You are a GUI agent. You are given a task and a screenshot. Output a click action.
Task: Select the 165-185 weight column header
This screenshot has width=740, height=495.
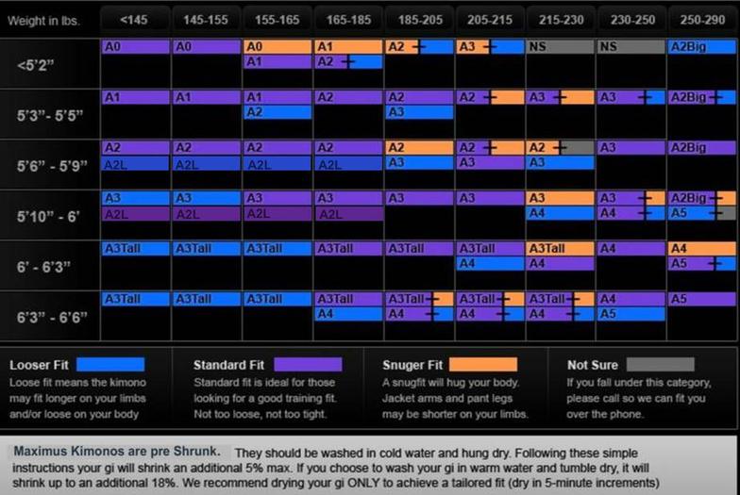click(x=348, y=20)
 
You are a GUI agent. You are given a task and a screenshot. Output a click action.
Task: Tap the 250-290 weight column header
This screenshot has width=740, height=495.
click(x=702, y=20)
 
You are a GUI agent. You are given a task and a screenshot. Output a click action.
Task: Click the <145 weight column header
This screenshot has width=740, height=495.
click(x=136, y=20)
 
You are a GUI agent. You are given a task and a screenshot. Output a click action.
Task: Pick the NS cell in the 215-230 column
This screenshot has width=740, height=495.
click(x=561, y=46)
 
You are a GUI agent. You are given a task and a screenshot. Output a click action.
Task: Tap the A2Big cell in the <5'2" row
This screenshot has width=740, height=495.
click(x=702, y=46)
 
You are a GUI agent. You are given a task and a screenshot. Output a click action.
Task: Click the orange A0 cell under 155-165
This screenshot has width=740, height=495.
click(x=277, y=46)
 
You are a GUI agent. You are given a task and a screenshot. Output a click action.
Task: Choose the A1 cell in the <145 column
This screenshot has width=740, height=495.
click(x=136, y=97)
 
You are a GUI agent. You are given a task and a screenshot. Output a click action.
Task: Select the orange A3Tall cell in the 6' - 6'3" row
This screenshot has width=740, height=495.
click(x=561, y=249)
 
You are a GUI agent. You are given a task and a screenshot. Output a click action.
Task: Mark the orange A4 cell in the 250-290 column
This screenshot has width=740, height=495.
click(x=702, y=249)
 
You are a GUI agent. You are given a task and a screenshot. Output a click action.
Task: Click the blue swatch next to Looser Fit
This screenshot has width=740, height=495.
click(x=110, y=365)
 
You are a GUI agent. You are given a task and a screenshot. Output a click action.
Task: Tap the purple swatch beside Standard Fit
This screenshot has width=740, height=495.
click(x=308, y=365)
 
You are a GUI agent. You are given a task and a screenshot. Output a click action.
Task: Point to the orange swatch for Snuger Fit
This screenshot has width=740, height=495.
click(x=482, y=365)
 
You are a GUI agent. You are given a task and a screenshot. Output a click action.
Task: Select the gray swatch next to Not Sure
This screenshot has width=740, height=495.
click(x=660, y=365)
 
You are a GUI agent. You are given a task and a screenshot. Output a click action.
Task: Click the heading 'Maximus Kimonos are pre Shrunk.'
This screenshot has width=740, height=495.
click(x=118, y=453)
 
